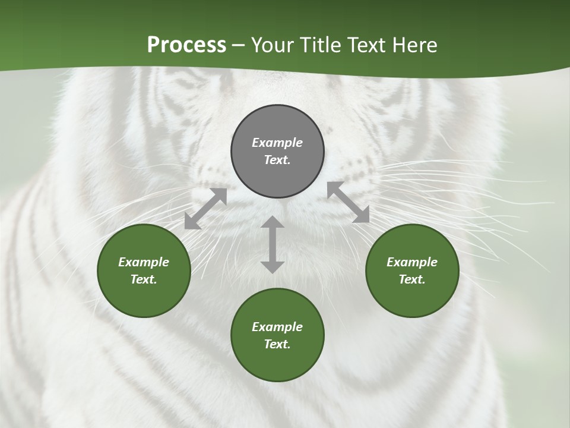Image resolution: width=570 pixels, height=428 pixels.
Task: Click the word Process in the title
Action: point(186,45)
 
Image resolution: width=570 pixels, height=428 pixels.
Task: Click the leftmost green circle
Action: point(144,270)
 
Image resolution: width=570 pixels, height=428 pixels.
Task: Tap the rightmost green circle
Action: point(412,270)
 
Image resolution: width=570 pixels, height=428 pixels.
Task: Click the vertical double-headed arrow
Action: point(273,245)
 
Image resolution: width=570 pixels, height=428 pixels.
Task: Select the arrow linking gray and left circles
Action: point(205,209)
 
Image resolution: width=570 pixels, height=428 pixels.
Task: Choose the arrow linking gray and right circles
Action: point(349,202)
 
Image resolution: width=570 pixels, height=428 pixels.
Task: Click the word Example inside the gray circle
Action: point(277,143)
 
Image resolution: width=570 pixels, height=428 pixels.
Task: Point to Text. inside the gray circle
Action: point(277,160)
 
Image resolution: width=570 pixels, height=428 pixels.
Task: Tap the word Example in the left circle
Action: point(144,262)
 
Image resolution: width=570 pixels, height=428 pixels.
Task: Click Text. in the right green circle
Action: point(412,279)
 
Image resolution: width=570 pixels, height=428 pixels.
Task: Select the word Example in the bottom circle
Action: point(277,327)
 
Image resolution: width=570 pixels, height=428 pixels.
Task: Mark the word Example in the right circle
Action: point(412,262)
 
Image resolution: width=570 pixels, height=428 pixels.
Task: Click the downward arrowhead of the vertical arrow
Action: point(273,267)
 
